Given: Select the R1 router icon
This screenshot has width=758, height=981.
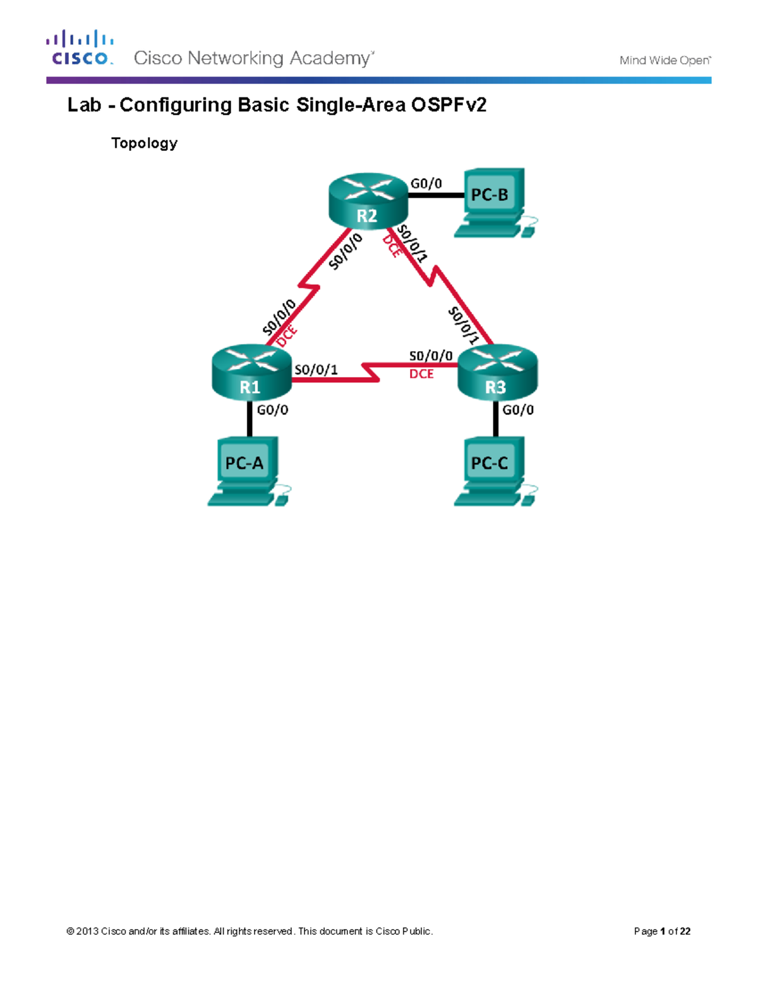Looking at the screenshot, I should (251, 372).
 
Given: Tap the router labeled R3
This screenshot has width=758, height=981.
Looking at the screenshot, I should (496, 372).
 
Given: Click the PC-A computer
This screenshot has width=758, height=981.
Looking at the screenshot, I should (247, 471).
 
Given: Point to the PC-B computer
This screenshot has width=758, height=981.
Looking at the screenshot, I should (493, 202).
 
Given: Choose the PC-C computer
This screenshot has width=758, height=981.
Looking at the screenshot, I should (493, 471).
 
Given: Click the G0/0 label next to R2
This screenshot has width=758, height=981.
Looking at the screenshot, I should (426, 184).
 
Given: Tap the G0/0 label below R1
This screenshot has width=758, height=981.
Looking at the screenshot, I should (272, 410).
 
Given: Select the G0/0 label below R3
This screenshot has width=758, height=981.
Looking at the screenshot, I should (518, 410).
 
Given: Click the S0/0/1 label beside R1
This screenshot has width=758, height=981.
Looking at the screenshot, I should (316, 370).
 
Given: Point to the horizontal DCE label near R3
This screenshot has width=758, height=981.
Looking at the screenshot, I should (421, 374).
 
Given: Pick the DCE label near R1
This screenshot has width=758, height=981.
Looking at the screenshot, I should (287, 337).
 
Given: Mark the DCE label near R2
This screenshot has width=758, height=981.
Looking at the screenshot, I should (392, 246).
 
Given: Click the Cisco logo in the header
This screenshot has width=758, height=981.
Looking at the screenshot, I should (80, 48).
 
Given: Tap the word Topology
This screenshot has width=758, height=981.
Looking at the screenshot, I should (144, 143).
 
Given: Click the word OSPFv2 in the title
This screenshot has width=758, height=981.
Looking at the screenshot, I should (449, 105).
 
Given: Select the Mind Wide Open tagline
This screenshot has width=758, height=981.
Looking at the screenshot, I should (665, 61).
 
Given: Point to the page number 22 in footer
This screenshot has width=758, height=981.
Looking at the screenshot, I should (685, 931).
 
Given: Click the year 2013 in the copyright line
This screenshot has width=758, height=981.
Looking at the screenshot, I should (87, 931).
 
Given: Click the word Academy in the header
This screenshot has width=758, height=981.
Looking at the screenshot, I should (330, 59).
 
